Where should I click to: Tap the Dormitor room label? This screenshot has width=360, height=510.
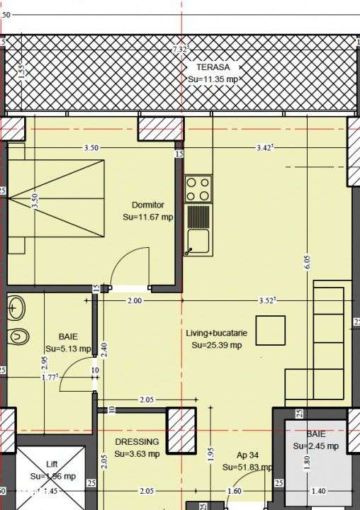click(147, 204)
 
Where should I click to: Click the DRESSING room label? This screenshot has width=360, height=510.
click(137, 442)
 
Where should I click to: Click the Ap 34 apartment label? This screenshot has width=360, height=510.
click(247, 456)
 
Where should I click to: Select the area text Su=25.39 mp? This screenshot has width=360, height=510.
click(217, 345)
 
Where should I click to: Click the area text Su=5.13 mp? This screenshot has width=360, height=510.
click(68, 348)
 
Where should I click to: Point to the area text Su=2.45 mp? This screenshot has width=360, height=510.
click(316, 446)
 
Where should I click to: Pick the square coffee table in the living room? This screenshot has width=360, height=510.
click(271, 330)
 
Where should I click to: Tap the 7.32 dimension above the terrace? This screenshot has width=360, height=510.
click(181, 49)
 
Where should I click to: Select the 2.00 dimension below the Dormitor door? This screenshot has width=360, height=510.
click(135, 300)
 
